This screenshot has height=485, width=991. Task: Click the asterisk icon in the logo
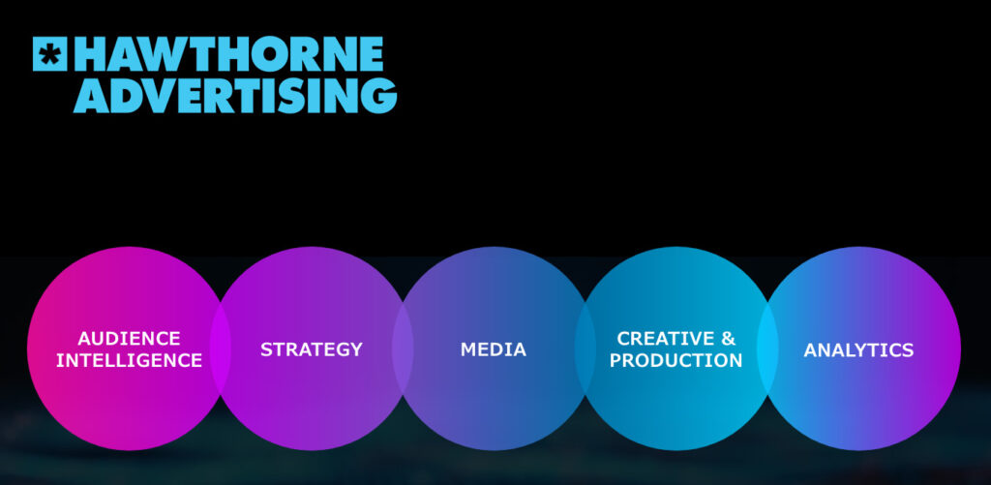(49, 53)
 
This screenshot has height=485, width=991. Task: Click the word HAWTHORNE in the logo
(229, 53)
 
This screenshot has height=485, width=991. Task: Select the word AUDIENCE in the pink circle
(129, 338)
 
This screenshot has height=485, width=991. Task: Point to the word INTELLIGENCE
(129, 360)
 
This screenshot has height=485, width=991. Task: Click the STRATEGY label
(312, 349)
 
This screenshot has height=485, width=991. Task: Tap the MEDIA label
(493, 349)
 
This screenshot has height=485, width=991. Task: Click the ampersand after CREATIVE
(729, 338)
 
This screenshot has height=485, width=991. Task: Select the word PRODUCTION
(676, 360)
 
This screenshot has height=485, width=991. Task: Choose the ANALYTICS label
(858, 349)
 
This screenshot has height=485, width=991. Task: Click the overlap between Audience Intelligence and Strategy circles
(221, 349)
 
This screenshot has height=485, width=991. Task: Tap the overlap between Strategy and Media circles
(403, 349)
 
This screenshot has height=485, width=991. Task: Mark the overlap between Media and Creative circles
(586, 349)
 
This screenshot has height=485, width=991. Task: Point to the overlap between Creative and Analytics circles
(767, 349)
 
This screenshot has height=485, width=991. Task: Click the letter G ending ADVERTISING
(380, 96)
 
